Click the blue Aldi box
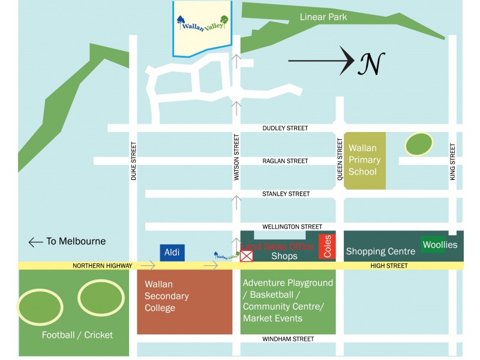[x=172, y=253]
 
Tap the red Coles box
[x=327, y=246]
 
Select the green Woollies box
[x=439, y=245]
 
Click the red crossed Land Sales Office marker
[x=246, y=256]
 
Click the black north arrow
[x=321, y=60]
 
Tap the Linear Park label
[x=323, y=17]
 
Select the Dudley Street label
[x=285, y=128]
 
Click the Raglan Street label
[x=285, y=161]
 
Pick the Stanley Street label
[x=286, y=194]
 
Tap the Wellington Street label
[x=292, y=227]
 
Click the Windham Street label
[x=288, y=339]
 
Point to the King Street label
[x=453, y=161]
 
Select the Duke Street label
[x=134, y=161]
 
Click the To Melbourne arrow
[x=35, y=242]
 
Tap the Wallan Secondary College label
[x=167, y=296]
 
